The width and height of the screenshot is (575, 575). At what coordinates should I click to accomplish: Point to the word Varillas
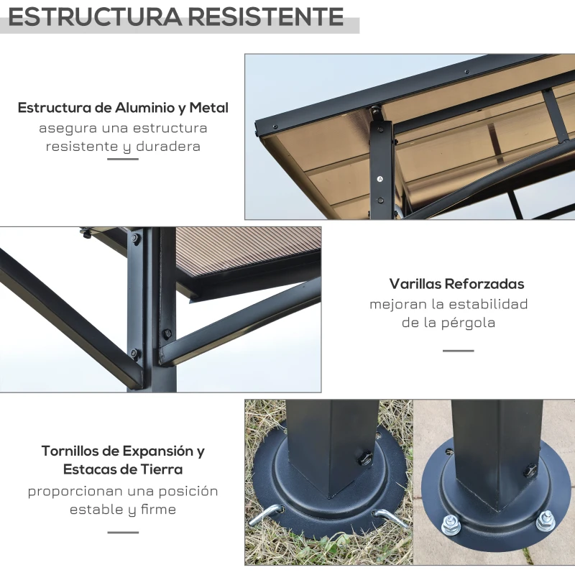tap(415, 284)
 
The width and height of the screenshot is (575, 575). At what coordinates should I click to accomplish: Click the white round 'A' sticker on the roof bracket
tap(380, 178)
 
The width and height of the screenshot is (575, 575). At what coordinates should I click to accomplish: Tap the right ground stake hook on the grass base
tap(389, 517)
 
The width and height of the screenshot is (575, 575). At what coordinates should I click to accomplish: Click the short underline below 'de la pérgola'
tap(458, 351)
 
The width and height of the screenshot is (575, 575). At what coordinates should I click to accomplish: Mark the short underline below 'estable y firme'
tap(123, 533)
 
